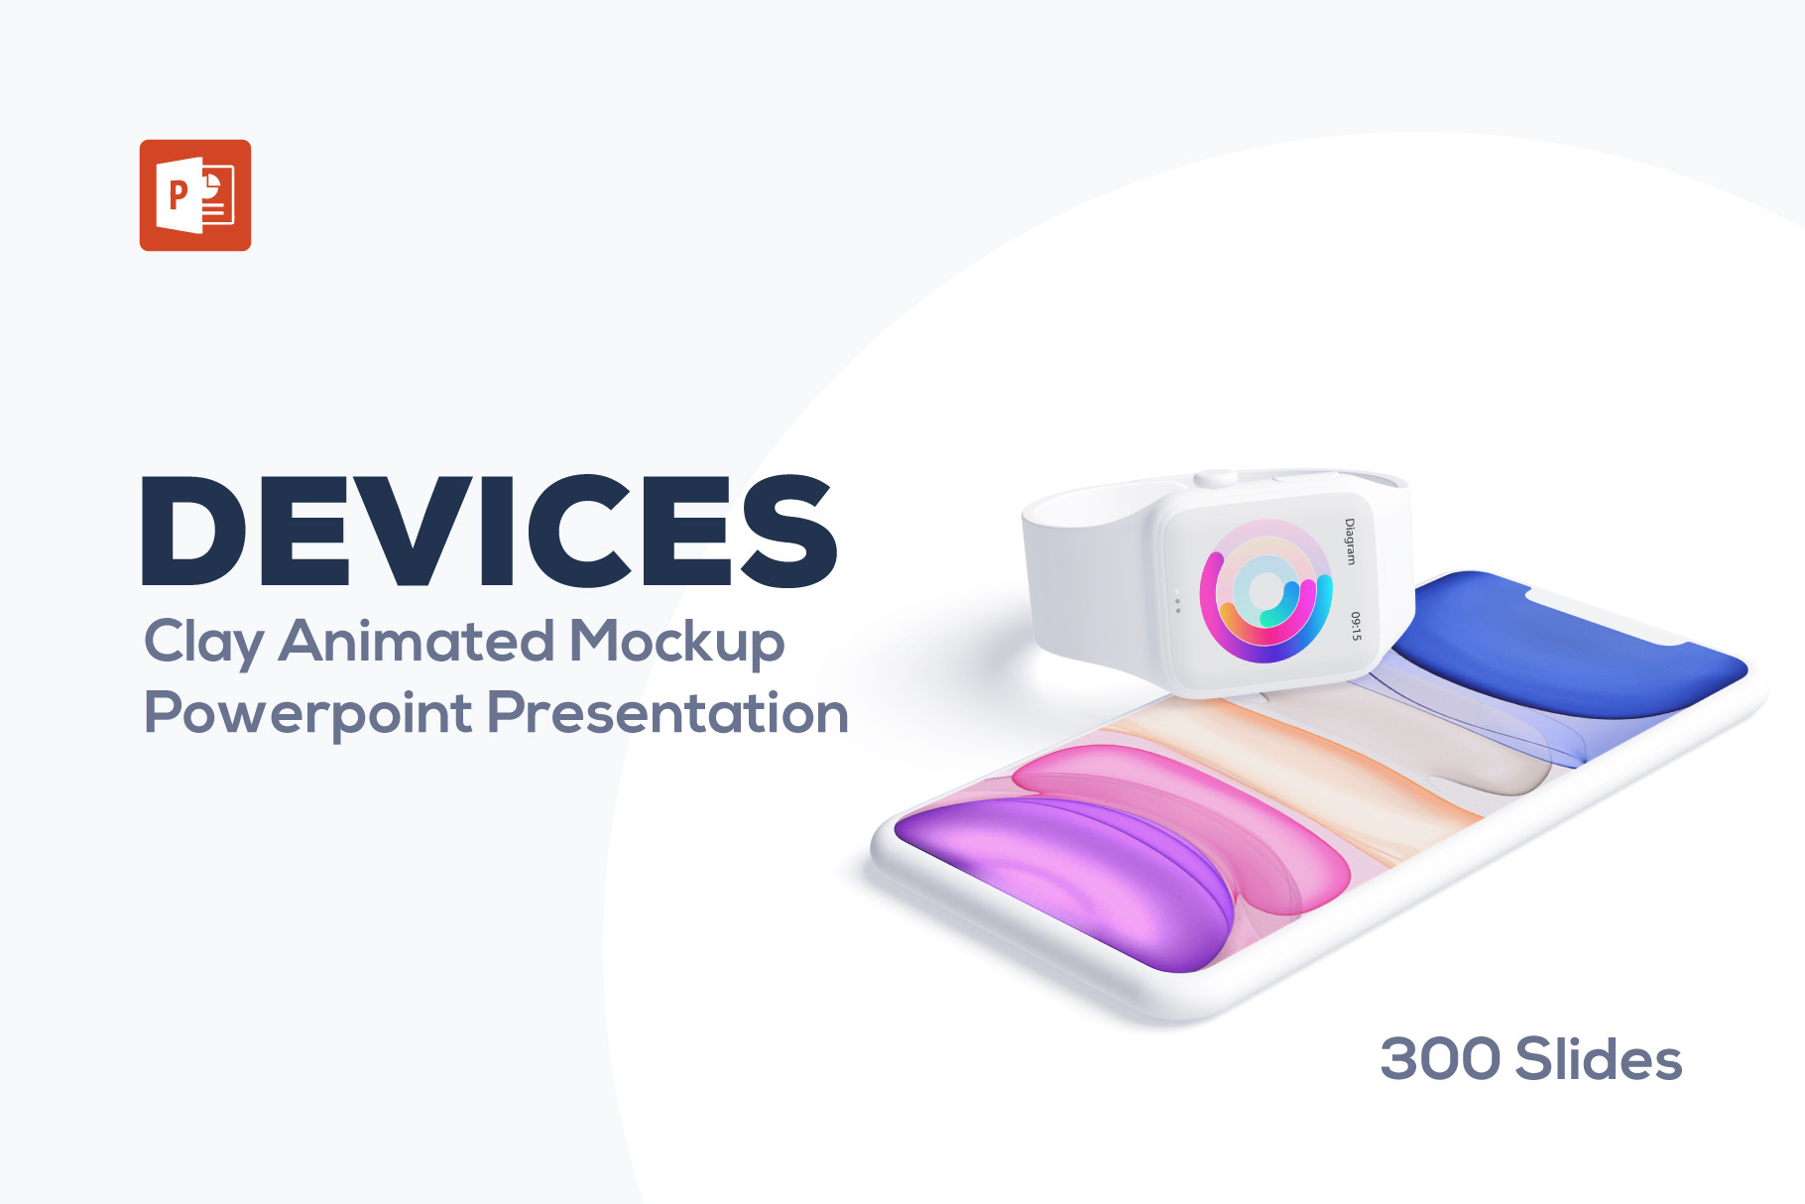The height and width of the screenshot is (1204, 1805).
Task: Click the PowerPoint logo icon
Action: [195, 195]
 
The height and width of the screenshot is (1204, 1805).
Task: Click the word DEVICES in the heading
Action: [489, 533]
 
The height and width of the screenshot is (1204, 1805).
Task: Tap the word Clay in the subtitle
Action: [203, 643]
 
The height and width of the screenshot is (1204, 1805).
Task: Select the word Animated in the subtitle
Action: [417, 641]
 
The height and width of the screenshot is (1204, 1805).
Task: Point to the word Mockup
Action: [676, 643]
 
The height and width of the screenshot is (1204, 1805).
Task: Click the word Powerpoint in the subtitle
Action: [308, 714]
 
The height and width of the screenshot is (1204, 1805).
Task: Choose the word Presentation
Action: [668, 713]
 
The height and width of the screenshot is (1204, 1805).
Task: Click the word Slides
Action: [1598, 1059]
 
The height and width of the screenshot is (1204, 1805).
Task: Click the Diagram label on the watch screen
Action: [1349, 542]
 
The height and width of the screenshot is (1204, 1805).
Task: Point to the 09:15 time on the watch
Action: [1355, 626]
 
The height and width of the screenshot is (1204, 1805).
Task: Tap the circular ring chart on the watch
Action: [1264, 592]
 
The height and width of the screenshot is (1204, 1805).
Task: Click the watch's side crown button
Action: [1216, 479]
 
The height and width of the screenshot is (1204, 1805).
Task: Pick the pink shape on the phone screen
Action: [1180, 803]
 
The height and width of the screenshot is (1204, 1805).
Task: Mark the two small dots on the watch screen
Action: [1177, 603]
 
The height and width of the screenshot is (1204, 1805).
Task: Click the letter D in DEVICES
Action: [194, 533]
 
